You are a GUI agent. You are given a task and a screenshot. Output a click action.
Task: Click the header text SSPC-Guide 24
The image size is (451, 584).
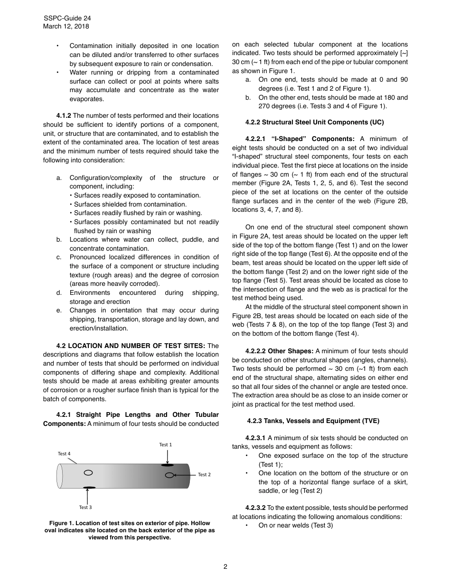(67, 18)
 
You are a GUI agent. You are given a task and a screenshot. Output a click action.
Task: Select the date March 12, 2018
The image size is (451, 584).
(66, 27)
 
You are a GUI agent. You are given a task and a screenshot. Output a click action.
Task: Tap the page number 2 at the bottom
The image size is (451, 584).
(225, 566)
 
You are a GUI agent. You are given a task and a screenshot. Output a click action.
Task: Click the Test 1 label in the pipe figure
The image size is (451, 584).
(165, 444)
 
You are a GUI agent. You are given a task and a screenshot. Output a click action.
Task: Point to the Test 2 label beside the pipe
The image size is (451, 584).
(204, 475)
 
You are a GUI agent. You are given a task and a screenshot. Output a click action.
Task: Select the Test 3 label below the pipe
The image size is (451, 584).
(85, 508)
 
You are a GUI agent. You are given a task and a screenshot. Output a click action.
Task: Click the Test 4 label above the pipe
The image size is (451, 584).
(64, 454)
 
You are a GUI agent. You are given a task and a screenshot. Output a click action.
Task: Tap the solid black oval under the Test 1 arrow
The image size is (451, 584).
(167, 465)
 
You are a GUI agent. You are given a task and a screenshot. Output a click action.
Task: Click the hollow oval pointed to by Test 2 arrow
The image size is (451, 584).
(169, 475)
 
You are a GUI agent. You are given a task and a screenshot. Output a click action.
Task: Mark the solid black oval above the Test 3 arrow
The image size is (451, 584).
(89, 488)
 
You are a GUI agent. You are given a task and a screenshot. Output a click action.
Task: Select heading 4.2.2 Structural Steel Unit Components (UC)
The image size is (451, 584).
(314, 122)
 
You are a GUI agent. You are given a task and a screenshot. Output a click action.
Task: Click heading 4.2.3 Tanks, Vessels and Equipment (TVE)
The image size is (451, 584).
(313, 421)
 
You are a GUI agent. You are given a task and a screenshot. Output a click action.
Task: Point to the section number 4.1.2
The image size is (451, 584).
(64, 115)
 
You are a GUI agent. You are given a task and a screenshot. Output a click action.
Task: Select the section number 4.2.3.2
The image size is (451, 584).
(255, 508)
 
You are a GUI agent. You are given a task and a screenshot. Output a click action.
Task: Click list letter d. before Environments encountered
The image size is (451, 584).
(59, 293)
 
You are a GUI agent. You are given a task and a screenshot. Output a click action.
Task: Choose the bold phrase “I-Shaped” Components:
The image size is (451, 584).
(313, 139)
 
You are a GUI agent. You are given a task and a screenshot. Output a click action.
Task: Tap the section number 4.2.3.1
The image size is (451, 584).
(255, 438)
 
